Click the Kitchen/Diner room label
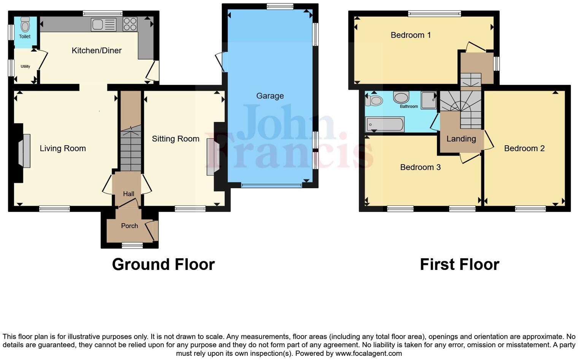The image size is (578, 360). pyautogui.click(x=97, y=51)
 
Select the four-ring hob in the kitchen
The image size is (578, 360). pyautogui.click(x=130, y=24)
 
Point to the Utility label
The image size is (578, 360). pyautogui.click(x=25, y=67)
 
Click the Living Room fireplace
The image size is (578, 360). pyautogui.click(x=26, y=151)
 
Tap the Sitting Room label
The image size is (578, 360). pyautogui.click(x=175, y=139)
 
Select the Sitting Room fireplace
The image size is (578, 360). pyautogui.click(x=210, y=157)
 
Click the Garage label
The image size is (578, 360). pyautogui.click(x=270, y=96)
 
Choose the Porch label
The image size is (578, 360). pyautogui.click(x=129, y=226)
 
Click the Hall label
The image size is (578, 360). pyautogui.click(x=129, y=194)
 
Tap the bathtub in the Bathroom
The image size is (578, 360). pyautogui.click(x=385, y=124)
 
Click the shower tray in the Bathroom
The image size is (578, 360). pyautogui.click(x=429, y=100)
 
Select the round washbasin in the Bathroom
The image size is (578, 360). pyautogui.click(x=401, y=97)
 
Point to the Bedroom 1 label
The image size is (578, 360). pyautogui.click(x=411, y=35)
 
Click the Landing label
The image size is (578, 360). pyautogui.click(x=461, y=139)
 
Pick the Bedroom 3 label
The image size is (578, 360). pyautogui.click(x=420, y=167)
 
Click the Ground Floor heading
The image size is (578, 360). pyautogui.click(x=163, y=265)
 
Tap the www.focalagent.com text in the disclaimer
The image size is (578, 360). pyautogui.click(x=368, y=353)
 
